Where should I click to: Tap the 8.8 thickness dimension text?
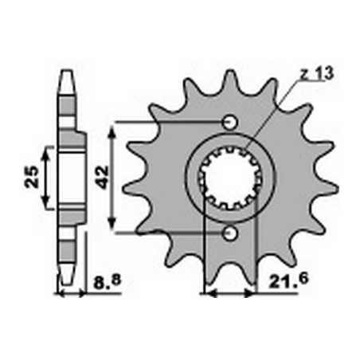tap(101, 282)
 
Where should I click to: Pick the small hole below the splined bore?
tap(231, 232)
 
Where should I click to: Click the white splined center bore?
tap(231, 177)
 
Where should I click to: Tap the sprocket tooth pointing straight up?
tap(231, 80)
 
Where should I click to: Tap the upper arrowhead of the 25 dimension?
tap(46, 151)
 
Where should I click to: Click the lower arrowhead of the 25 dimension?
tap(46, 202)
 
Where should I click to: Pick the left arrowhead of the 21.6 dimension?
tap(210, 293)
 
